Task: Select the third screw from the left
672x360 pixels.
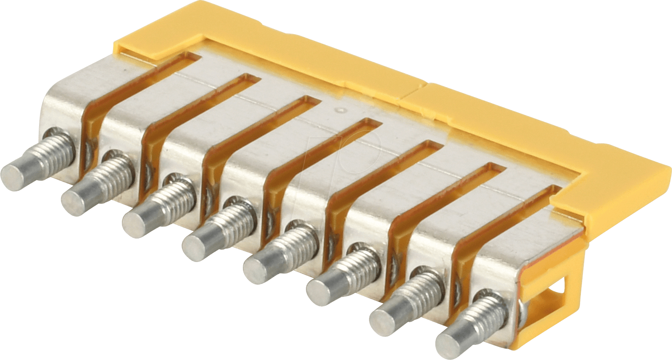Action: coord(160,204)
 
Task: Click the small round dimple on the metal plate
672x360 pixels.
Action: coord(341,111)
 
